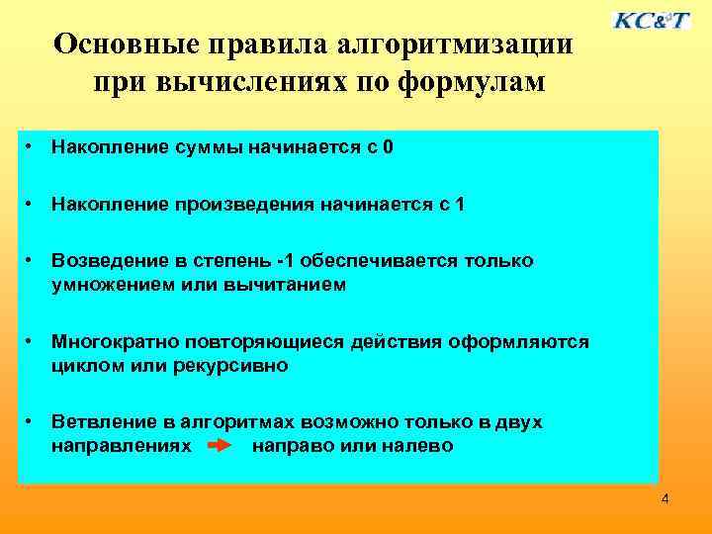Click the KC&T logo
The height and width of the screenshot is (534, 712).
652,20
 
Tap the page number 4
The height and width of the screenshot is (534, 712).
665,498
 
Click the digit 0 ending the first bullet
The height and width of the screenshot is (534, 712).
389,148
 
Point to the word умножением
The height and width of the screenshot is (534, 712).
112,285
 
